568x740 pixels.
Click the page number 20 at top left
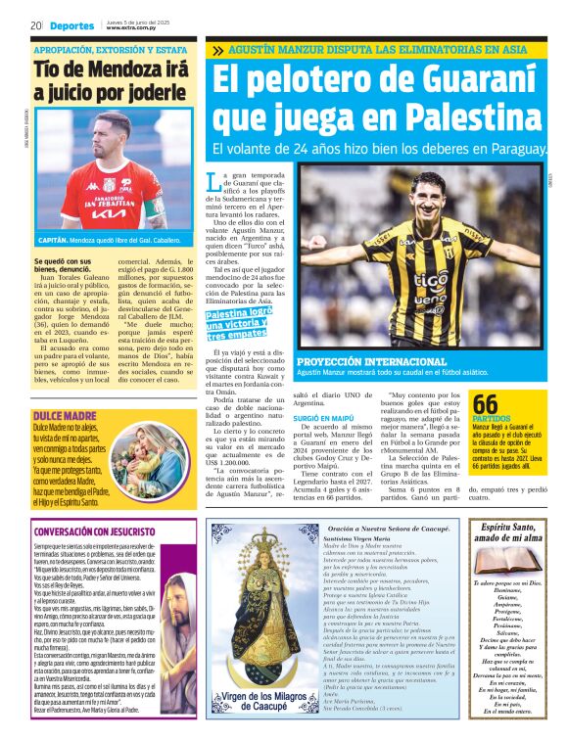click(36, 25)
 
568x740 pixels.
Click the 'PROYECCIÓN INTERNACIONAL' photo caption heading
click(359, 362)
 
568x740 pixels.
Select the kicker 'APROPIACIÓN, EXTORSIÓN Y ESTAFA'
click(110, 49)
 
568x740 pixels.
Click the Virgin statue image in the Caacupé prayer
click(258, 607)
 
